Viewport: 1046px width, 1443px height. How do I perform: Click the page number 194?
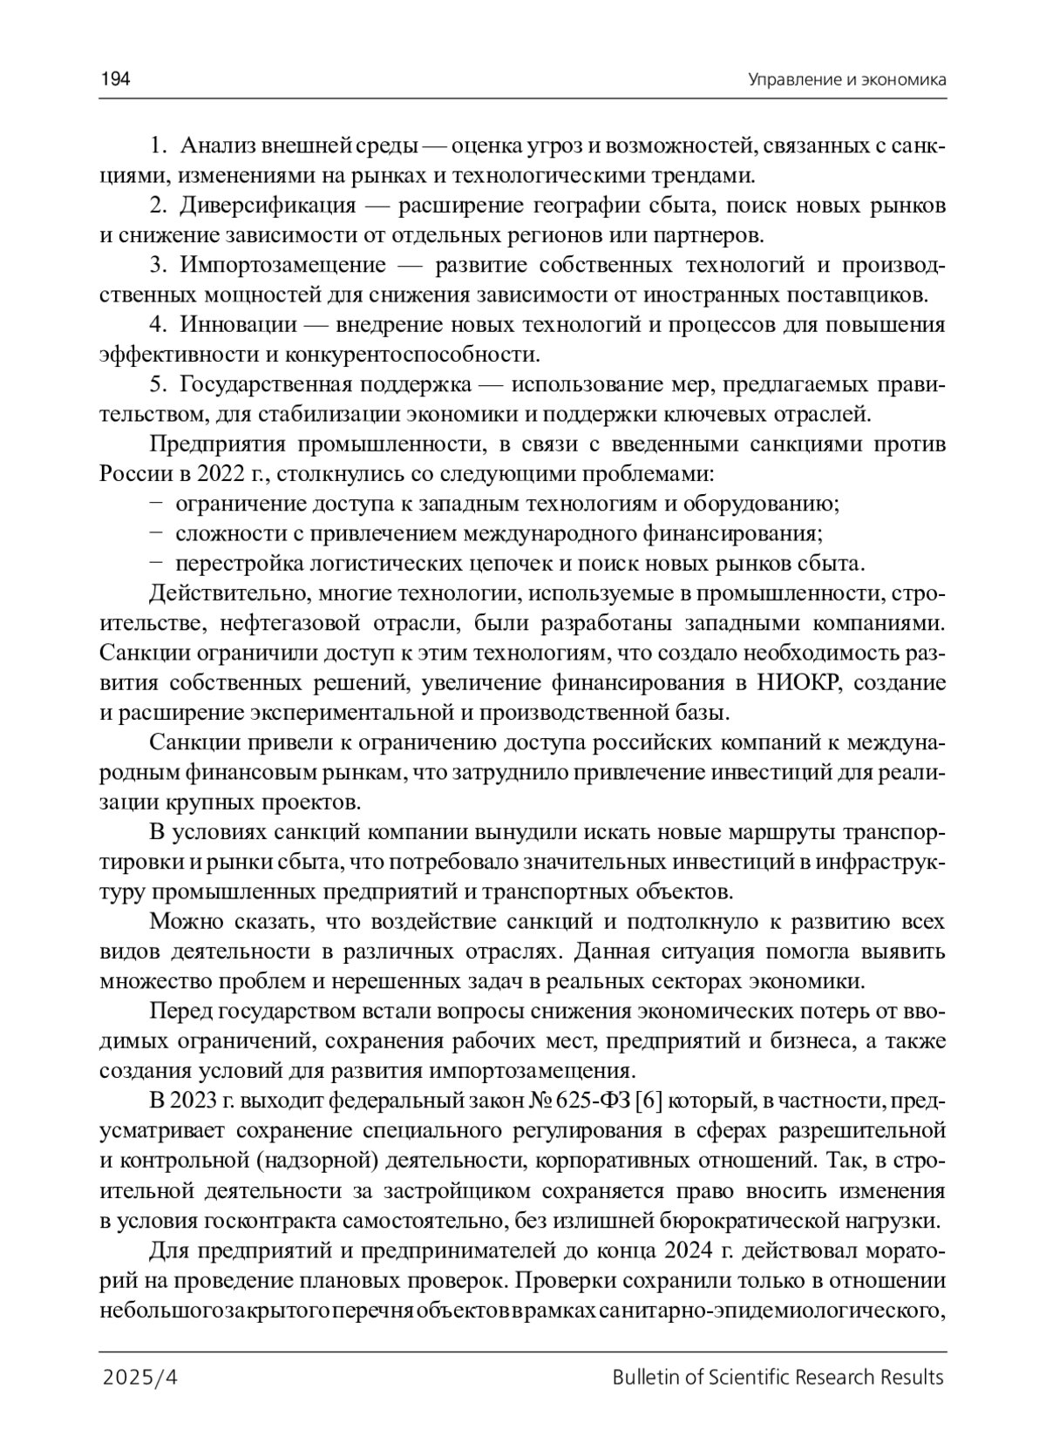pos(115,80)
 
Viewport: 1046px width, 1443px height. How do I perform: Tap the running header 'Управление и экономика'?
pos(846,80)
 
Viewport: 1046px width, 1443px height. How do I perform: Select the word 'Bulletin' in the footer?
pos(641,1378)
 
